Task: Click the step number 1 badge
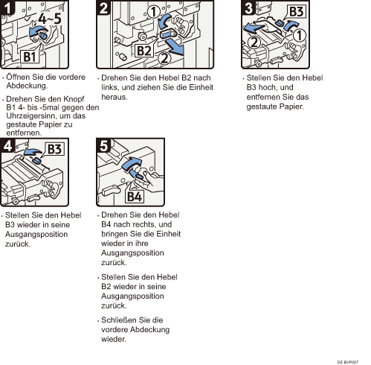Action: pyautogui.click(x=7, y=7)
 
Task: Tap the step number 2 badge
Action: pyautogui.click(x=103, y=7)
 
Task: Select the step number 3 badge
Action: pyautogui.click(x=248, y=7)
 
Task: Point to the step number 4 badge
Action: pyautogui.click(x=7, y=145)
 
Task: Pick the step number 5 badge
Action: pyautogui.click(x=103, y=145)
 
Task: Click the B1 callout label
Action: pyautogui.click(x=30, y=57)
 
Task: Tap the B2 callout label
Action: pyautogui.click(x=143, y=51)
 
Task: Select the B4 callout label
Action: pyautogui.click(x=135, y=197)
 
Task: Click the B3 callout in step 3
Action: pyautogui.click(x=296, y=12)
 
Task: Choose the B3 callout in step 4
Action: pyautogui.click(x=54, y=149)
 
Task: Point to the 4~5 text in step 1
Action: pyautogui.click(x=50, y=19)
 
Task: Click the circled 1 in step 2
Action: pyautogui.click(x=154, y=12)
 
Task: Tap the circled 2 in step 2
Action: pyautogui.click(x=164, y=59)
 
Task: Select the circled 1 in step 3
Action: pyautogui.click(x=300, y=35)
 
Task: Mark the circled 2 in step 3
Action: pyautogui.click(x=254, y=42)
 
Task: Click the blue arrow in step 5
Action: pyautogui.click(x=132, y=164)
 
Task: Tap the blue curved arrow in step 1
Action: pyautogui.click(x=37, y=31)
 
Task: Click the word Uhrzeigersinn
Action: pyautogui.click(x=26, y=116)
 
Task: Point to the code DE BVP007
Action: pyautogui.click(x=348, y=362)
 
